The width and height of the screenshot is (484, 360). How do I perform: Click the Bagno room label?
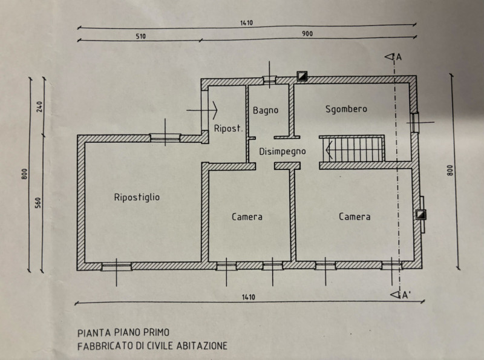coord(266,110)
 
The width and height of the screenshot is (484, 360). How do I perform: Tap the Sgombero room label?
coord(346,109)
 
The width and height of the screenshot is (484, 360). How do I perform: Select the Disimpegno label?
coord(283,151)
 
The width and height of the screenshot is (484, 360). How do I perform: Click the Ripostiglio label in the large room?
coord(137,197)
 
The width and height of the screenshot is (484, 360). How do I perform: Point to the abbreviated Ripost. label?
coord(229,128)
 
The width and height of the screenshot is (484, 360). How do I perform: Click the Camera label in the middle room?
coord(247,217)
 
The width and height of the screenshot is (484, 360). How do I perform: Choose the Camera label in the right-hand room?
coord(355,217)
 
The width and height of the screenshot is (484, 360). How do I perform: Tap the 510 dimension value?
coord(141,36)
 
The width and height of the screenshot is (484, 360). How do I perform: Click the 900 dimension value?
coord(307,33)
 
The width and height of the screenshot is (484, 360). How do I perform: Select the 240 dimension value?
coord(40,106)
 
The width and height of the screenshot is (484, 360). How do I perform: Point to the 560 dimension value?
coord(38,203)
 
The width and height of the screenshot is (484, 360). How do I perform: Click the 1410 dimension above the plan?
coord(246,23)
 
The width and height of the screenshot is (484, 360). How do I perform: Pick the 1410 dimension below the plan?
coord(249,297)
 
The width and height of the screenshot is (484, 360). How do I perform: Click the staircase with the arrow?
coord(352,149)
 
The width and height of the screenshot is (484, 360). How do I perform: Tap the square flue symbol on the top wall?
coord(302,76)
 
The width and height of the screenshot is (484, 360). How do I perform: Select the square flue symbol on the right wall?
coord(420,215)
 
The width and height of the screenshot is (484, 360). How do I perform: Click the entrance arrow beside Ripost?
coord(202,110)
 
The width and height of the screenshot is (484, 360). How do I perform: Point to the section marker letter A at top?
coord(399,57)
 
